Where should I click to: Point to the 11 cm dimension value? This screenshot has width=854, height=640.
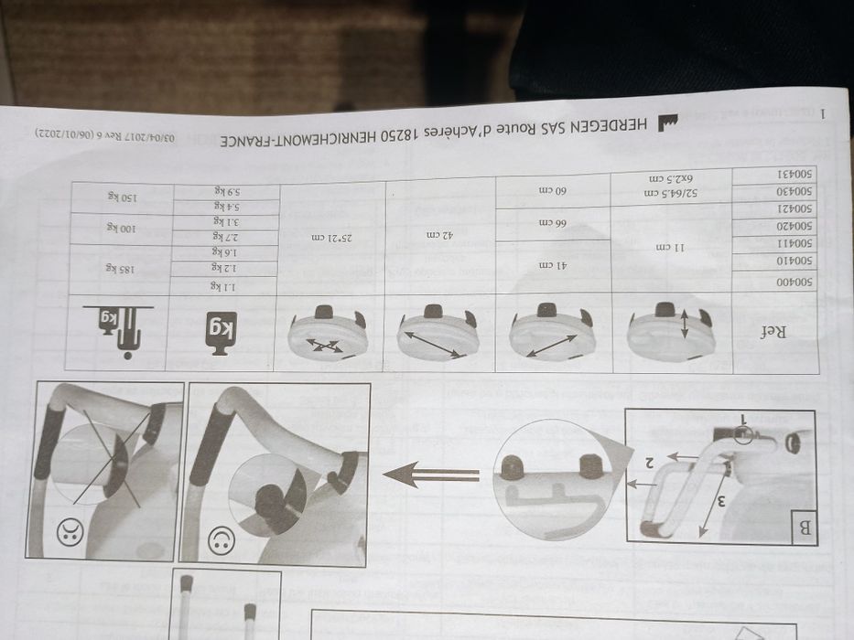pyautogui.click(x=672, y=247)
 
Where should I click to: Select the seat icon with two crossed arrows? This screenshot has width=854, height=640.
pyautogui.click(x=328, y=335)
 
